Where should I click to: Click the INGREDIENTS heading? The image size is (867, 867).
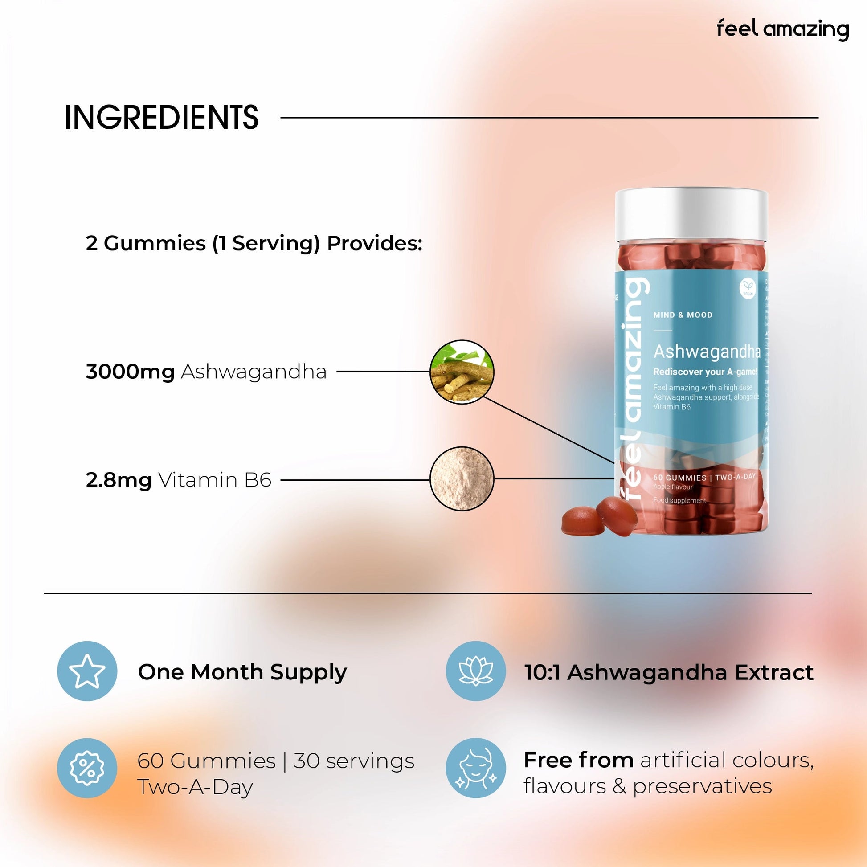pos(162,118)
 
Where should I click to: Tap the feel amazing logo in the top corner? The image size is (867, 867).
pos(782,29)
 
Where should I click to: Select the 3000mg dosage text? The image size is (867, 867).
pos(130,372)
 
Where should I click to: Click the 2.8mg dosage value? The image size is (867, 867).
pos(119,480)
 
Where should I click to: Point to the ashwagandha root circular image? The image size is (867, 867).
pos(462,372)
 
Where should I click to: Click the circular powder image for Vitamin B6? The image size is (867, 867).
pos(462,479)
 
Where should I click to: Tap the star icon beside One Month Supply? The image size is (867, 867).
pos(87,671)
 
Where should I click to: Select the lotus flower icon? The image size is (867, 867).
pos(476,671)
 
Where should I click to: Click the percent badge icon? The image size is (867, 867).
pos(87,768)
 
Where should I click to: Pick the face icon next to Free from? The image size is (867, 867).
pos(476,768)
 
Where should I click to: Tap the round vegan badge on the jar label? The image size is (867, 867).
pos(748,288)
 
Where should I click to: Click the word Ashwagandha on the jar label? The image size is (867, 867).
pos(706,352)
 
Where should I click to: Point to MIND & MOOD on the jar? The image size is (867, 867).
pos(683,315)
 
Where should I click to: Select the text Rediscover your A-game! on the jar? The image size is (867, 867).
pos(705,372)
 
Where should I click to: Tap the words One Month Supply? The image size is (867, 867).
pos(242,672)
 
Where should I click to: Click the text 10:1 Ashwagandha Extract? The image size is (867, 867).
pos(669,672)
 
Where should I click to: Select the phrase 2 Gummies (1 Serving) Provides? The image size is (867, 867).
pos(254,243)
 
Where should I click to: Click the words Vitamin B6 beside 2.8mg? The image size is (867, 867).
pos(215,480)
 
